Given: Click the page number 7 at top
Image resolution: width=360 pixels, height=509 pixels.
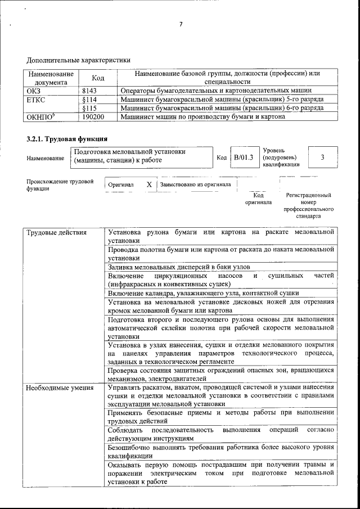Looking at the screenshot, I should (x=181, y=24).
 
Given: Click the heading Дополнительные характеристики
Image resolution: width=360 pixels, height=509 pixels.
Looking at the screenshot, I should (x=78, y=60).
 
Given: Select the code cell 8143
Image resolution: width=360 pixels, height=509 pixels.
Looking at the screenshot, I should (x=89, y=90).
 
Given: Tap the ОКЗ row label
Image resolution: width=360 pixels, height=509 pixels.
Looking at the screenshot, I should (x=34, y=90).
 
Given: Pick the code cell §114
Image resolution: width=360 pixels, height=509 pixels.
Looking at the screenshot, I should (x=90, y=99).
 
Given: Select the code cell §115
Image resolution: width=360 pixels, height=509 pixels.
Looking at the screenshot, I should (x=90, y=108).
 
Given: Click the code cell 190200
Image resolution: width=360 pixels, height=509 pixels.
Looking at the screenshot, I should (x=93, y=117).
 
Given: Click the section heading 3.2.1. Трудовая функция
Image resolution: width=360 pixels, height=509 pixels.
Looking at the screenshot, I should (x=67, y=138).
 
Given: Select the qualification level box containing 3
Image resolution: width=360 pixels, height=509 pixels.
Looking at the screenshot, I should (x=322, y=157).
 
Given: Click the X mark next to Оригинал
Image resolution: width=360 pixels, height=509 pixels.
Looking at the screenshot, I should (x=148, y=184).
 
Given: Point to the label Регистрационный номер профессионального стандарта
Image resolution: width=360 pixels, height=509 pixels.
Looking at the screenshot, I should (x=309, y=205).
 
